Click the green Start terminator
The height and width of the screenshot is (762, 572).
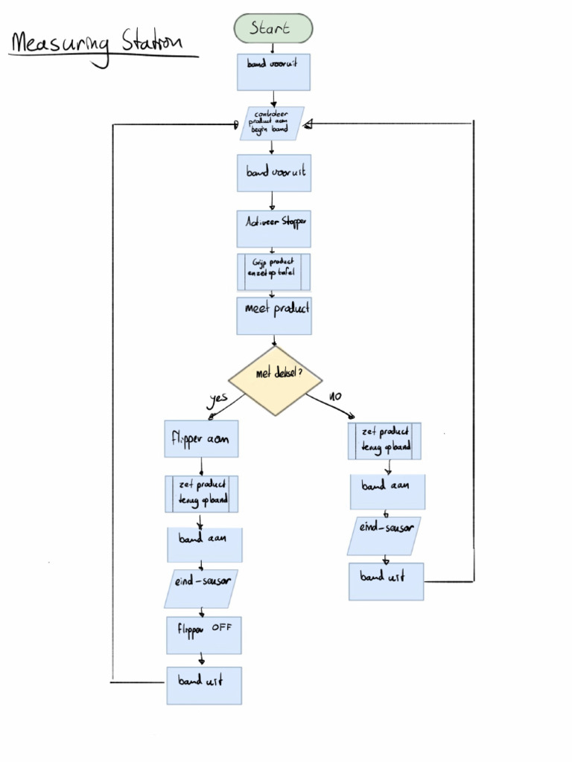pyautogui.click(x=273, y=28)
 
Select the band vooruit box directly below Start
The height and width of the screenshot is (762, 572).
pyautogui.click(x=273, y=71)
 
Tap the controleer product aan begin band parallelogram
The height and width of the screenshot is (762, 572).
pyautogui.click(x=272, y=123)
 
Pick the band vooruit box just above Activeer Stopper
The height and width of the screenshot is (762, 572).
pyautogui.click(x=274, y=173)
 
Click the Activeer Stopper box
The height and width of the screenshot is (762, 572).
pyautogui.click(x=274, y=228)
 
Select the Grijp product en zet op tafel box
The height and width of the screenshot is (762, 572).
pyautogui.click(x=273, y=272)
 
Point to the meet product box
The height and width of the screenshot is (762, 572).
pyautogui.click(x=274, y=316)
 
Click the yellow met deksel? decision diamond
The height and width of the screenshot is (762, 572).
pyautogui.click(x=275, y=380)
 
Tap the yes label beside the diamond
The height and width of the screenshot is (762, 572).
pyautogui.click(x=217, y=398)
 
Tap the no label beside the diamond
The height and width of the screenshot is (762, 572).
pyautogui.click(x=334, y=397)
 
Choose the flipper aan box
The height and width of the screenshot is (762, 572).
pyautogui.click(x=201, y=438)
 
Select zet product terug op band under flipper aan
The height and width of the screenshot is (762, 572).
pyautogui.click(x=202, y=494)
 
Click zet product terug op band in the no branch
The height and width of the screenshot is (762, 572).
pyautogui.click(x=384, y=441)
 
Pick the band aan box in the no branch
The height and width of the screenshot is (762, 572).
pyautogui.click(x=387, y=491)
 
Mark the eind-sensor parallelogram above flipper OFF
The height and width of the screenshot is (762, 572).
pyautogui.click(x=201, y=589)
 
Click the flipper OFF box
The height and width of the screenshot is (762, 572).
pyautogui.click(x=204, y=634)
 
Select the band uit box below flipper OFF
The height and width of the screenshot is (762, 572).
pyautogui.click(x=204, y=685)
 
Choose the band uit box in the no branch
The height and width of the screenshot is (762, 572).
pyautogui.click(x=387, y=581)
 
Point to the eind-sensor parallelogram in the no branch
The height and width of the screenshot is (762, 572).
pyautogui.click(x=384, y=536)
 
